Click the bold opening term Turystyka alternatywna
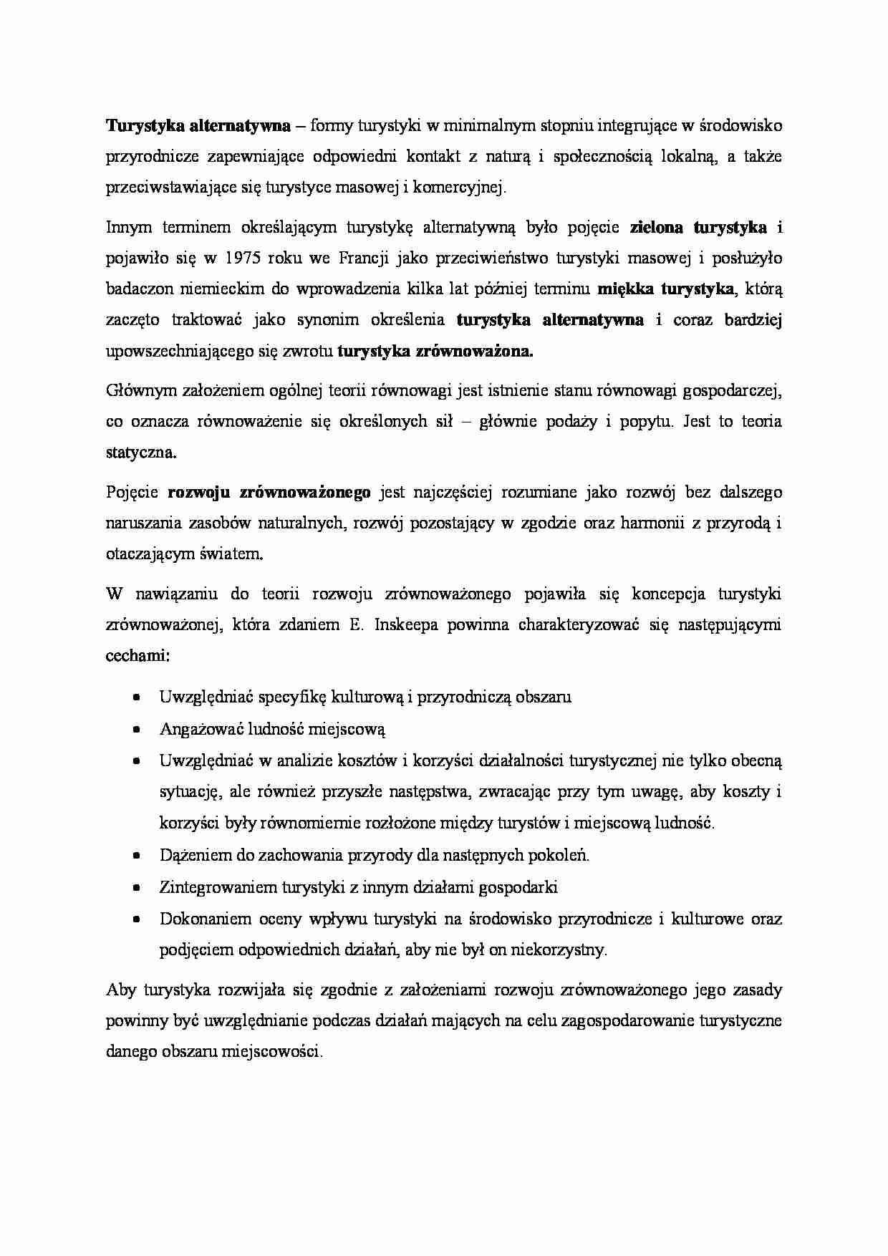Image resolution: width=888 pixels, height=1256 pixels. click(x=198, y=126)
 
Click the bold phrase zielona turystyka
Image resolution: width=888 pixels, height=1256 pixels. click(x=698, y=228)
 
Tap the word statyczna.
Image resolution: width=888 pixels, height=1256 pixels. click(x=140, y=453)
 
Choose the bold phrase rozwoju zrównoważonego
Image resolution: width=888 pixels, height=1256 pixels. click(x=269, y=493)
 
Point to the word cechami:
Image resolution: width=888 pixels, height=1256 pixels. click(x=137, y=656)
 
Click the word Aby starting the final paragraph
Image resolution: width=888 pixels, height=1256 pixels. click(x=120, y=990)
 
